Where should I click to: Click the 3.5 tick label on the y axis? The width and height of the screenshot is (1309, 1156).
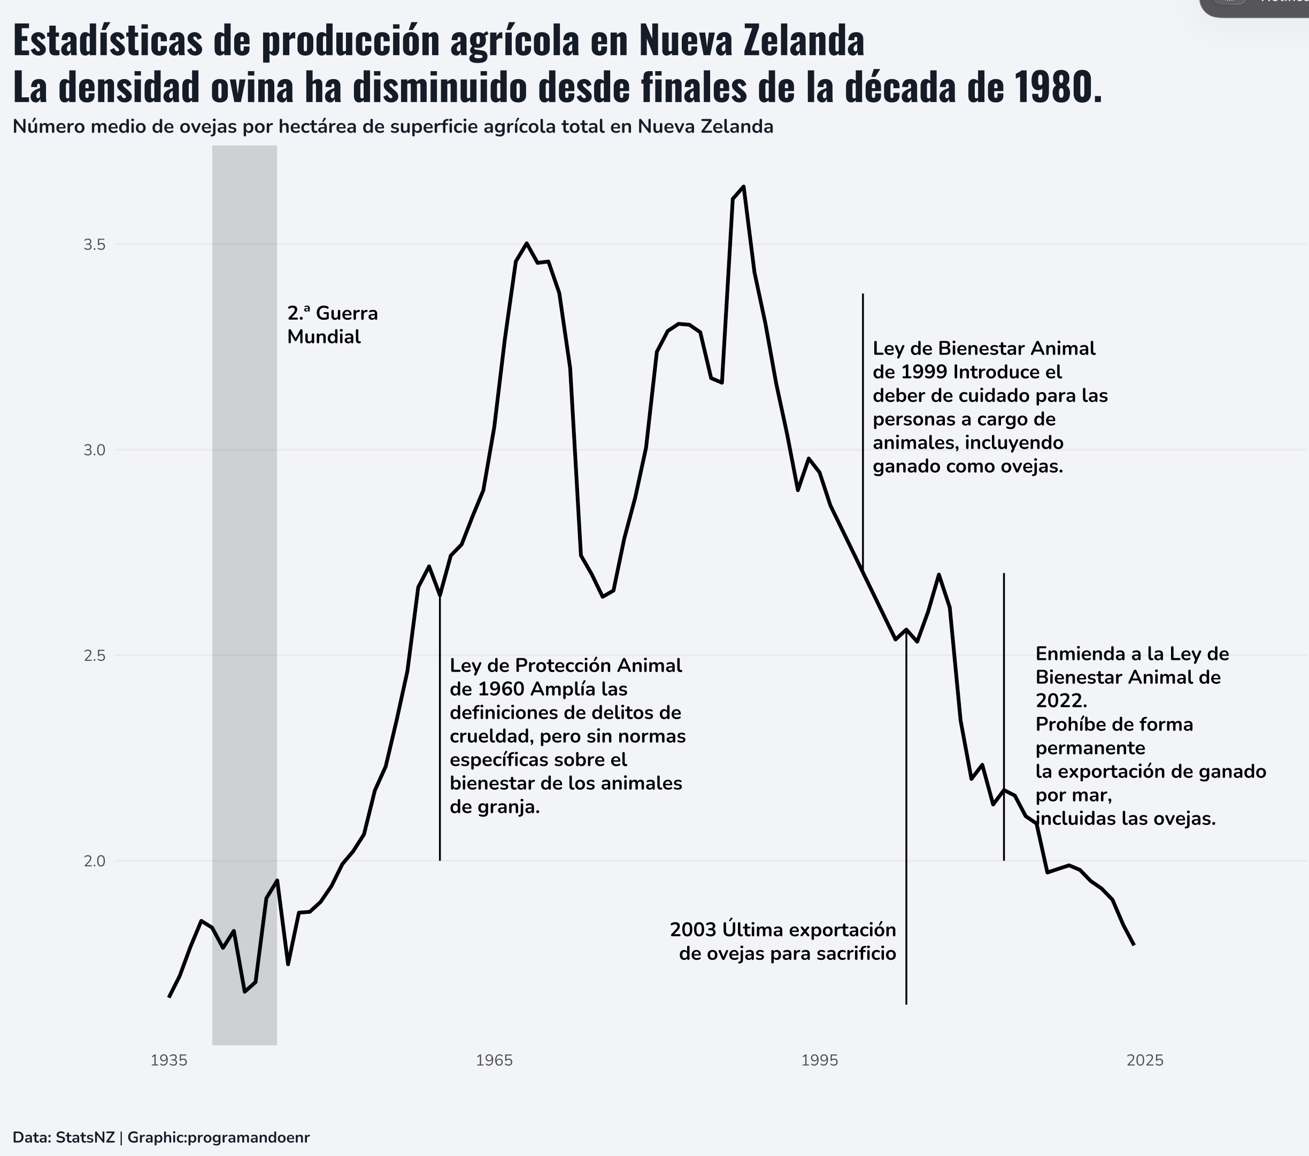click(94, 245)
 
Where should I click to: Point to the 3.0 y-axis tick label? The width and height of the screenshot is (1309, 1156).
click(94, 450)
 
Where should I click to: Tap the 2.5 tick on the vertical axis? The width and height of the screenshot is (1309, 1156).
click(94, 656)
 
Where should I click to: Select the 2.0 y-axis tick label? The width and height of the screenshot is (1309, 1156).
click(94, 861)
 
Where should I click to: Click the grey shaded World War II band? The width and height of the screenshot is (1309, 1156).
click(245, 576)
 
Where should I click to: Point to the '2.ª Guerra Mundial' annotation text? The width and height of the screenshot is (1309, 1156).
click(333, 325)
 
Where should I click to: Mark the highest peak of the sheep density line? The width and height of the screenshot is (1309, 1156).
click(743, 187)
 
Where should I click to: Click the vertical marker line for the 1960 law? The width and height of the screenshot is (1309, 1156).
click(440, 736)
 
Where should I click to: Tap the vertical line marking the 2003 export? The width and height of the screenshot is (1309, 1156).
click(906, 833)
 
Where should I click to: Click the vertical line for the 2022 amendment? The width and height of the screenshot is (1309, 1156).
click(1004, 705)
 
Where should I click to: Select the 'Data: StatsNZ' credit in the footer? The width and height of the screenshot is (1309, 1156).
click(64, 1137)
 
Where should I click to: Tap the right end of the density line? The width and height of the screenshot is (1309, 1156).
click(1134, 945)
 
